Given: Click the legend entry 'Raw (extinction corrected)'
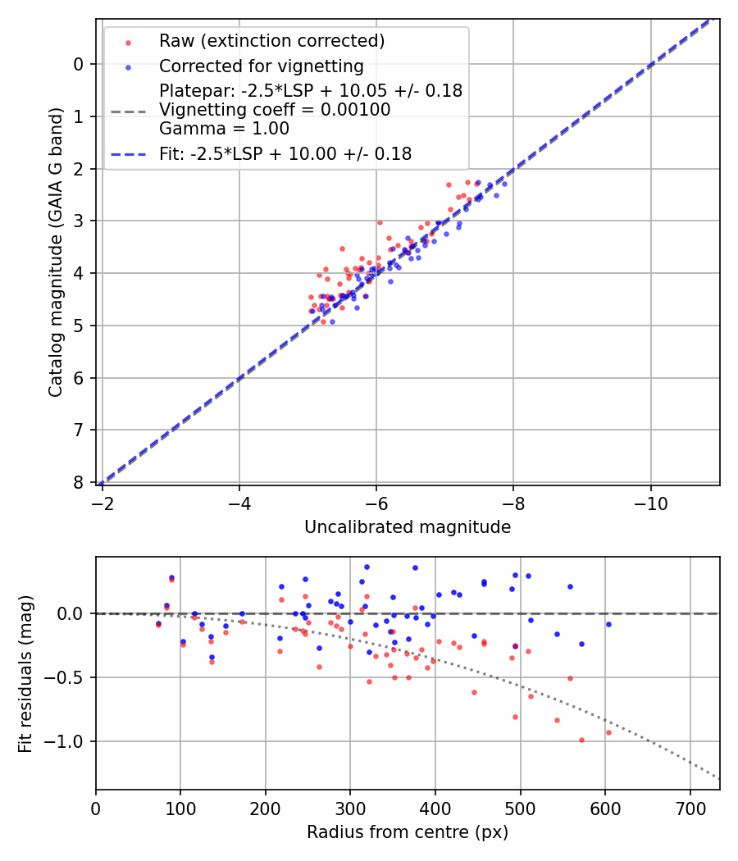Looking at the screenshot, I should click(271, 41).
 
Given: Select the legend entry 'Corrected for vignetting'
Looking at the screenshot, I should click(261, 66).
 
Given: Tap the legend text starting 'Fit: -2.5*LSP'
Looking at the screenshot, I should click(285, 153).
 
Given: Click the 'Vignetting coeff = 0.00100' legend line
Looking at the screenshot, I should click(275, 110).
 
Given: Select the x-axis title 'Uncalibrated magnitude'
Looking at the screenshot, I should click(408, 527).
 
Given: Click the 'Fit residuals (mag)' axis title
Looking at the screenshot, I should click(25, 672).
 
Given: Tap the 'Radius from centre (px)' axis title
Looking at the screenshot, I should click(408, 832).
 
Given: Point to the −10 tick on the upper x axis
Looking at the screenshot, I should click(650, 499).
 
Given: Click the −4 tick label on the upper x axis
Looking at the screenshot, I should click(239, 499).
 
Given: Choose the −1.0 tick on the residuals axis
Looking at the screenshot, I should click(69, 741).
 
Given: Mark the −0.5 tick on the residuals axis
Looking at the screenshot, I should click(69, 677).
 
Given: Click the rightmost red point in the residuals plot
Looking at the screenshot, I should click(608, 732).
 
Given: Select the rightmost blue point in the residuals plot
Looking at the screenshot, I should click(608, 624).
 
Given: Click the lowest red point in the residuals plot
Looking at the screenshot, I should click(581, 740).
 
